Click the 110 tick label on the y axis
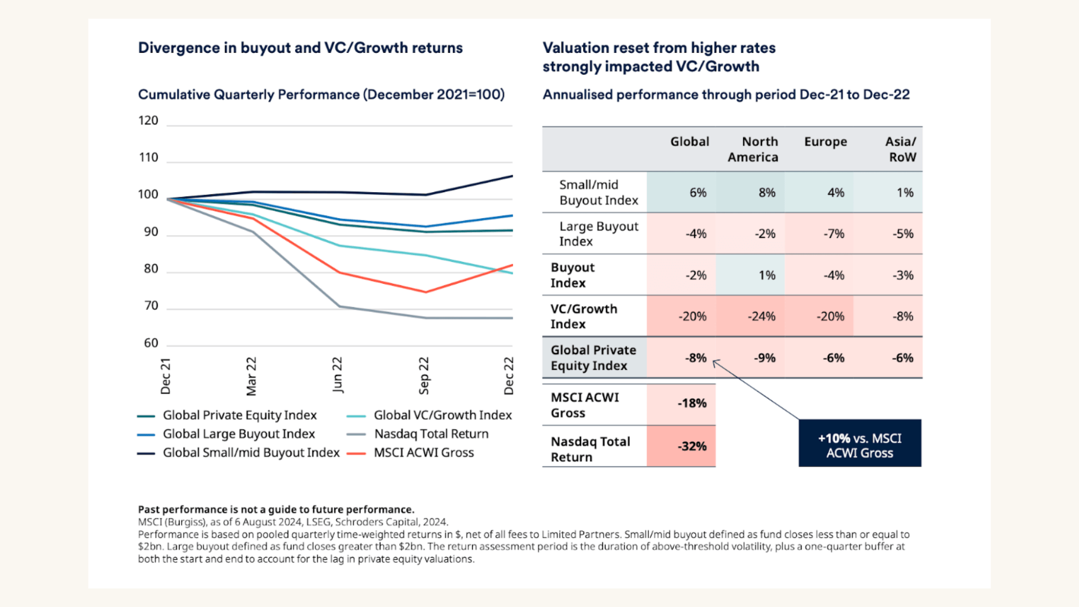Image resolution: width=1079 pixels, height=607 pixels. coord(148,157)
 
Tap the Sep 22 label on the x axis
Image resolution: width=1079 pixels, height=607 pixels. coord(424,375)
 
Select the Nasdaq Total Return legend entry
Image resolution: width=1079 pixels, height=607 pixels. coord(431,434)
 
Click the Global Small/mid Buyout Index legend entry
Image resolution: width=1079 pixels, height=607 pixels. coord(251,452)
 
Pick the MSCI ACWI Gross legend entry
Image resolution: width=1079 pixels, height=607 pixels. coord(424,452)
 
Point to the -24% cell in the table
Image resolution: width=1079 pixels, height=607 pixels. coord(761,316)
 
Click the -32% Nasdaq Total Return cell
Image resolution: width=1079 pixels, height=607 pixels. coord(692,446)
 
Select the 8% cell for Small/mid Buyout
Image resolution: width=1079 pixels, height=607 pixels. coord(767,193)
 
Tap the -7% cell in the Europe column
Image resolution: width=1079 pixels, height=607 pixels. coord(834,234)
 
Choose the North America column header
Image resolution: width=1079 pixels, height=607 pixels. coord(753,150)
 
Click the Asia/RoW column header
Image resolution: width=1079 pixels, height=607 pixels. coord(900,150)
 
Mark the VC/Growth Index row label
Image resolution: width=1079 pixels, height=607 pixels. coord(584,316)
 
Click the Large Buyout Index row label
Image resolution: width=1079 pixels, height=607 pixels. coord(599,234)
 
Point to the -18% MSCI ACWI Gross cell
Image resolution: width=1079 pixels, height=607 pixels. coord(692,404)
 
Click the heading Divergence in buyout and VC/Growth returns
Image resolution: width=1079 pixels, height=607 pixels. coord(300,48)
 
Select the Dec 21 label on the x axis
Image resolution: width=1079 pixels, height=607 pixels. coord(165,376)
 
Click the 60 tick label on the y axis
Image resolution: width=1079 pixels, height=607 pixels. coord(151,343)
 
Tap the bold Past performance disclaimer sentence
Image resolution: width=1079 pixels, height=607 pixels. coord(276,509)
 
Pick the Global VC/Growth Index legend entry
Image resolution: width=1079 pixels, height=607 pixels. coord(442,415)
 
